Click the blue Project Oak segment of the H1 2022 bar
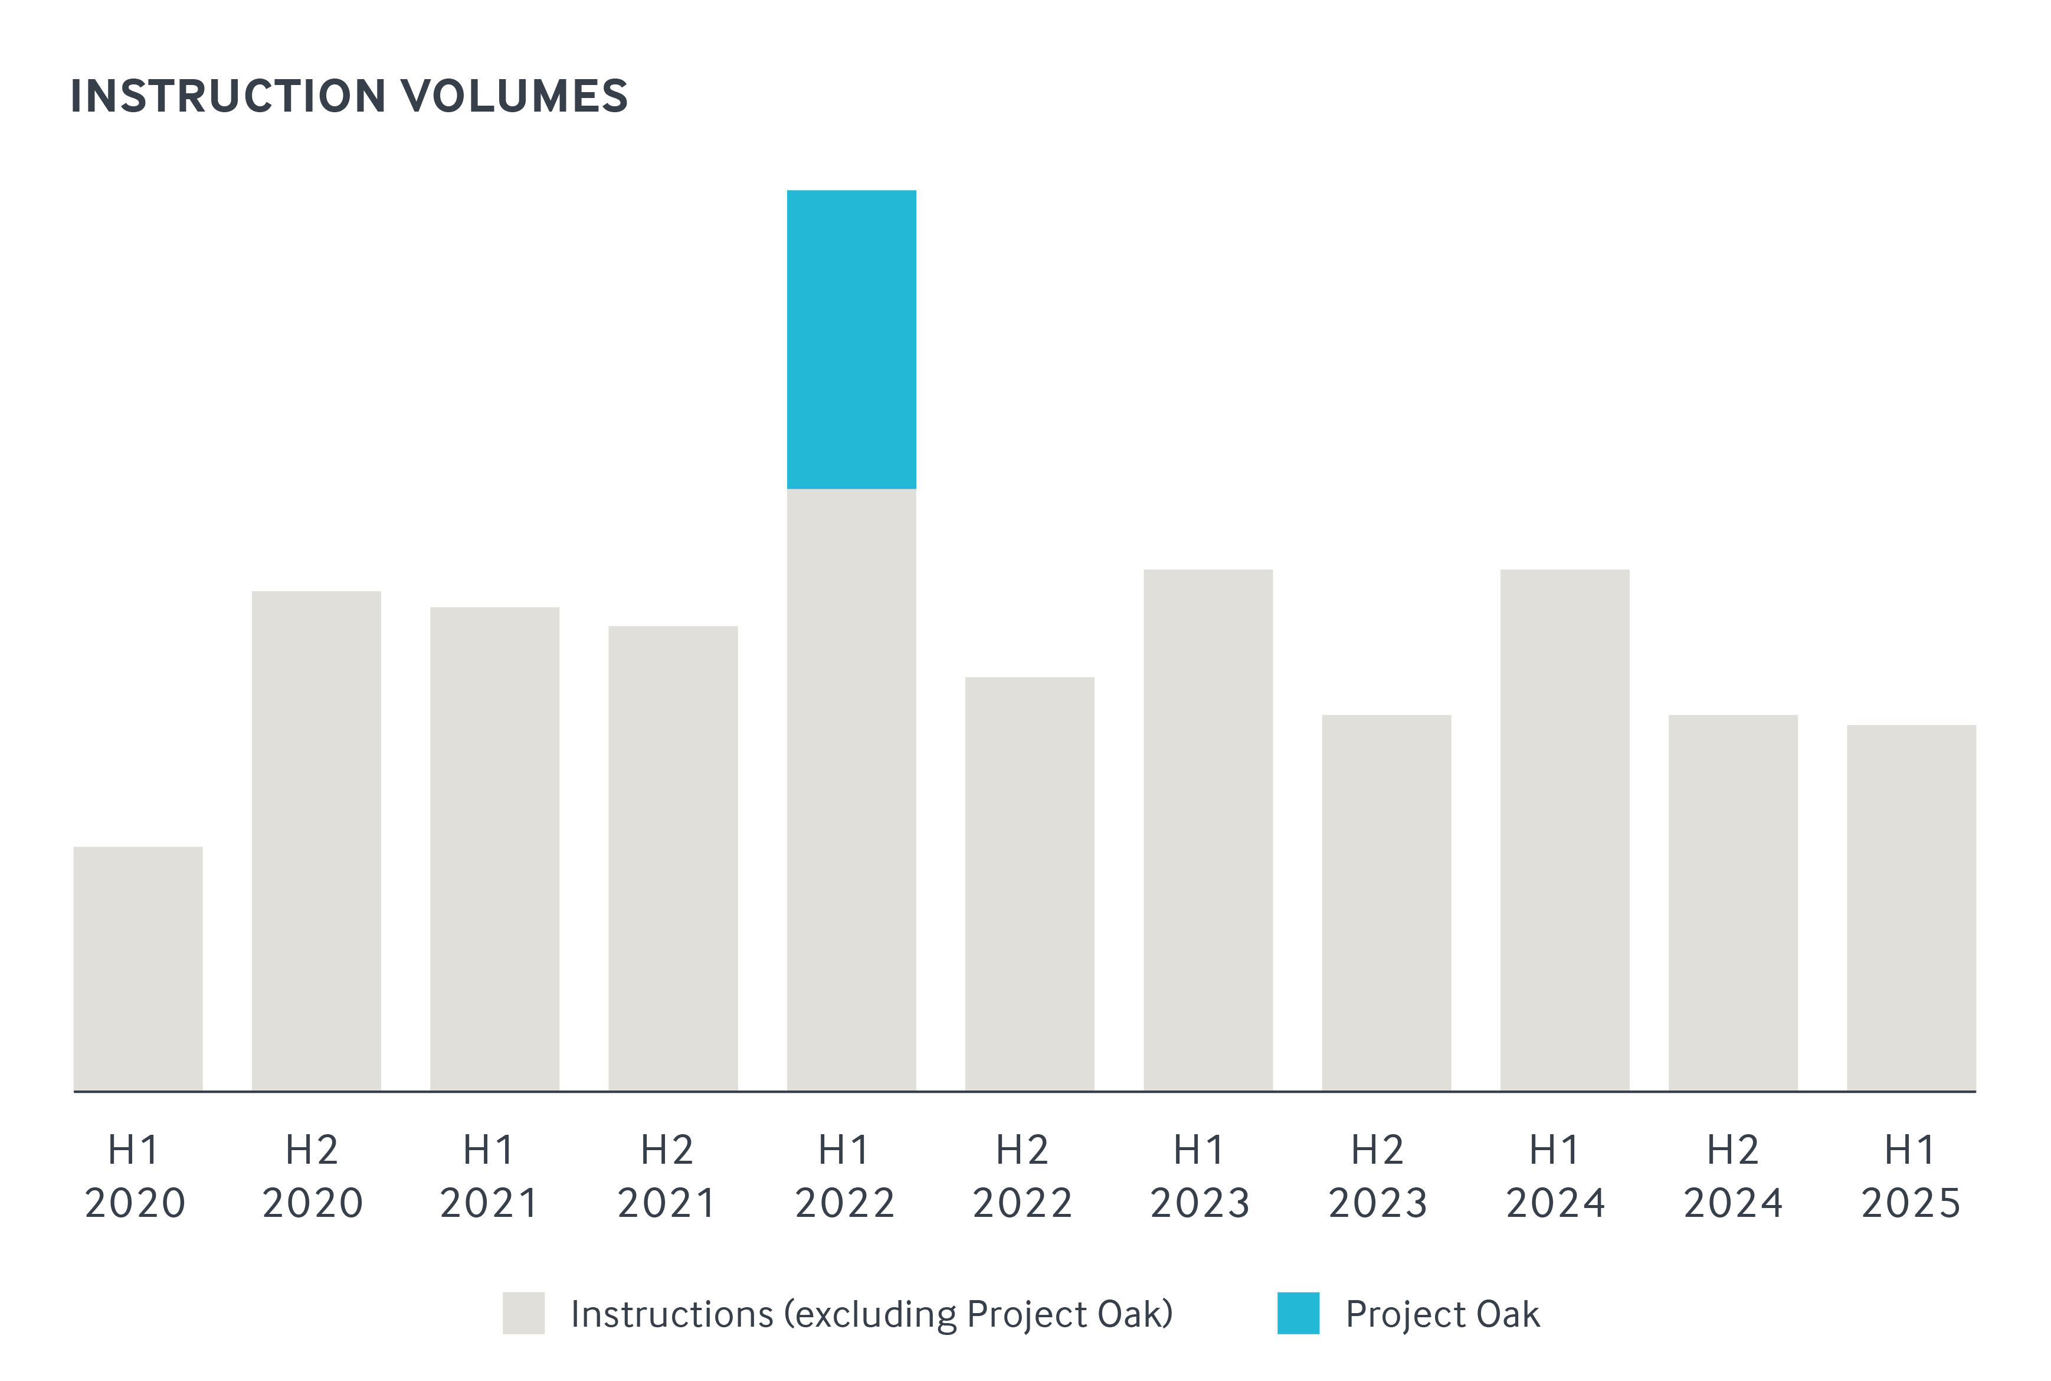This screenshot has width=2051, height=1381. pyautogui.click(x=851, y=339)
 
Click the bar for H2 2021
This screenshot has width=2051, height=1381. pyautogui.click(x=673, y=858)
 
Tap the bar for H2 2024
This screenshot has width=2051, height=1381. pyautogui.click(x=1732, y=902)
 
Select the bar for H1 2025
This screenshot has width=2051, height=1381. pyautogui.click(x=1911, y=907)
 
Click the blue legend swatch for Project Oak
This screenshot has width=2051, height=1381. pyautogui.click(x=1298, y=1313)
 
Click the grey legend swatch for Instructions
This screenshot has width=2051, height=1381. pyautogui.click(x=524, y=1313)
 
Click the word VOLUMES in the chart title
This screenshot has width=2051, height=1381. pyautogui.click(x=515, y=96)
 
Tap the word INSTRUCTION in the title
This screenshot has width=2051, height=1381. pyautogui.click(x=228, y=96)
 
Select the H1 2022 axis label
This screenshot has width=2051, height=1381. pyautogui.click(x=845, y=1176)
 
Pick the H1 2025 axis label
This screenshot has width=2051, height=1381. pyautogui.click(x=1910, y=1176)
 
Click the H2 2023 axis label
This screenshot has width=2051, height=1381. pyautogui.click(x=1378, y=1176)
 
